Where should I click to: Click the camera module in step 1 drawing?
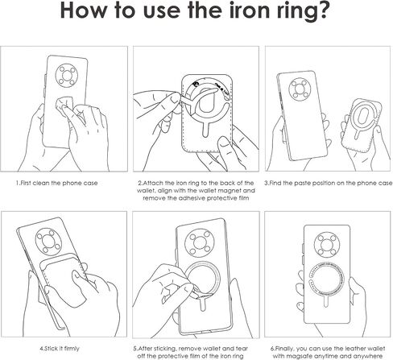[x=67, y=76]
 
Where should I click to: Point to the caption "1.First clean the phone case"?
[x=56, y=183]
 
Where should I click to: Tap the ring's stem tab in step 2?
[x=206, y=130]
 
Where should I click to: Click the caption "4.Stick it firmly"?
[x=60, y=349]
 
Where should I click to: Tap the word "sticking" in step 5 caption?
[x=163, y=349]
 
